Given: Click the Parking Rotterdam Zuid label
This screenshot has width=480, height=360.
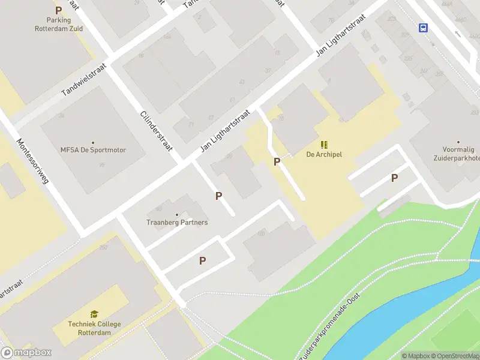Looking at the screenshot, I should [59, 23].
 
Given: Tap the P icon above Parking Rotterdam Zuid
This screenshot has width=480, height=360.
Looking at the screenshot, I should [58, 10].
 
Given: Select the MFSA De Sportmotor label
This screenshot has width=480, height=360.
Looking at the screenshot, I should [93, 150].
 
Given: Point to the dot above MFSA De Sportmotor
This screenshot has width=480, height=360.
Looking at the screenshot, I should [93, 142].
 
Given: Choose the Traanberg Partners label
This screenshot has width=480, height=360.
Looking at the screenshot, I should [177, 223].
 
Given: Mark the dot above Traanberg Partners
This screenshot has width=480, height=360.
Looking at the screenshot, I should [177, 215].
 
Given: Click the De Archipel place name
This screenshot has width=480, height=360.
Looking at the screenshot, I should [324, 155].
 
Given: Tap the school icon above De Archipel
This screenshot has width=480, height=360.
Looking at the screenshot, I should [324, 145].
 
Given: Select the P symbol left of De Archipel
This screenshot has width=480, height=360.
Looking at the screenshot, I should [277, 161].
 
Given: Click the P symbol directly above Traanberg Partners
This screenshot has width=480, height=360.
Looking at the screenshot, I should [219, 196].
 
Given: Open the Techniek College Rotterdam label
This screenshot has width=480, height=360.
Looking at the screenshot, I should [94, 328].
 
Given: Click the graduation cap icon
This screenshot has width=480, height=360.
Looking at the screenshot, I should [94, 314].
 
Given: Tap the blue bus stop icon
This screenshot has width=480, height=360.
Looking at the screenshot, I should [423, 28].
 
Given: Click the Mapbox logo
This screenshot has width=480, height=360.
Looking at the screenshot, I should [26, 353].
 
